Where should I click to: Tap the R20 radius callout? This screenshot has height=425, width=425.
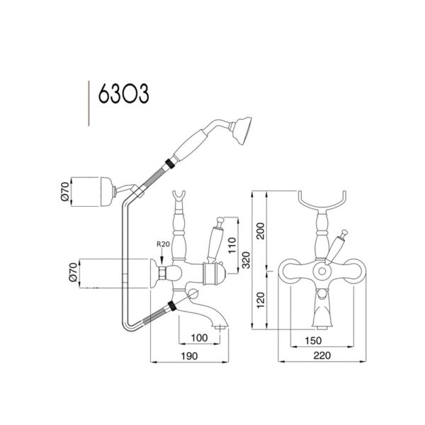163,244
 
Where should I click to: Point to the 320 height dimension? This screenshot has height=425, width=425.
246,260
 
